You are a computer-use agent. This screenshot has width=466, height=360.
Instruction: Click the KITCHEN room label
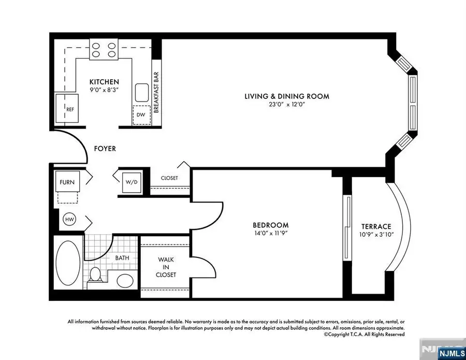[104, 82]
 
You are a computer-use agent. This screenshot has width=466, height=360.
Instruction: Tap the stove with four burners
[104, 49]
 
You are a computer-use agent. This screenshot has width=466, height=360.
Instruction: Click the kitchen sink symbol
[141, 93]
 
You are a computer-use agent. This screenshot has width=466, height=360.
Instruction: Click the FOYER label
[105, 149]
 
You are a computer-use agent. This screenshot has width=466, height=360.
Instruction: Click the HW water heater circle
[69, 220]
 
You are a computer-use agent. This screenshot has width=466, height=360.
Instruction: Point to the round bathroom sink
[124, 281]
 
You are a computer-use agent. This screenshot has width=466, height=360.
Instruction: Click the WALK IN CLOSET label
[166, 267]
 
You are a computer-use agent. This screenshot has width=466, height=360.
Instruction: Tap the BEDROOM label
[270, 225]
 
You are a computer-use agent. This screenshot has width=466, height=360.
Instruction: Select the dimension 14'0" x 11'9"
[270, 233]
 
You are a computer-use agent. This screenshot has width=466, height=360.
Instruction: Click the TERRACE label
[376, 226]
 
